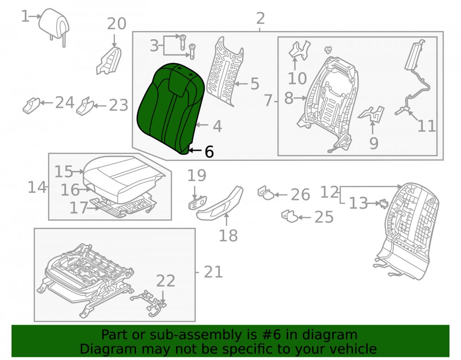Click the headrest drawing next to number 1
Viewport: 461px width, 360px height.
(x=54, y=24)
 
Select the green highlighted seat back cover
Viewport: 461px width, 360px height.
(x=171, y=107)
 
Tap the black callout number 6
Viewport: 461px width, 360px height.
(x=209, y=152)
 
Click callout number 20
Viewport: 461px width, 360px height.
(x=117, y=24)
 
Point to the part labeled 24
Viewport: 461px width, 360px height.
(x=31, y=105)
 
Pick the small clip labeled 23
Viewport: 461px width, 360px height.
(x=85, y=106)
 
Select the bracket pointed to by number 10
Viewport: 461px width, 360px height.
(x=299, y=50)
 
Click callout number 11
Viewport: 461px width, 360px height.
(x=426, y=126)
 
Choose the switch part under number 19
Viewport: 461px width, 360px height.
(x=197, y=203)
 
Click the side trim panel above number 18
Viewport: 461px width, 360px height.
(x=220, y=203)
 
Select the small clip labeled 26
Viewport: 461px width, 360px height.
(x=266, y=193)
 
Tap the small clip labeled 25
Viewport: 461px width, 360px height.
(x=290, y=216)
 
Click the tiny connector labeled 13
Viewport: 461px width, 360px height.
(x=384, y=203)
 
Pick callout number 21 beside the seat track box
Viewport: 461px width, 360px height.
(x=213, y=272)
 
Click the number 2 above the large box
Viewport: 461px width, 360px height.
(x=260, y=18)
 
